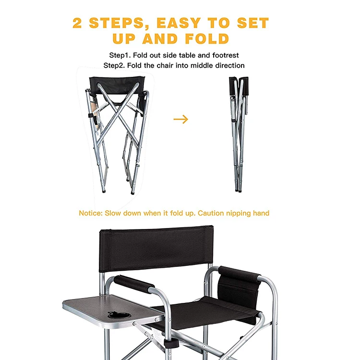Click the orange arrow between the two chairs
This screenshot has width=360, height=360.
[x=180, y=120]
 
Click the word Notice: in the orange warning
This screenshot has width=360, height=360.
[x=91, y=213]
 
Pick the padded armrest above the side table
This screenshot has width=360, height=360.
[x=134, y=284]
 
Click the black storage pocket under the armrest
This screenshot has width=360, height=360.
[x=238, y=290]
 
